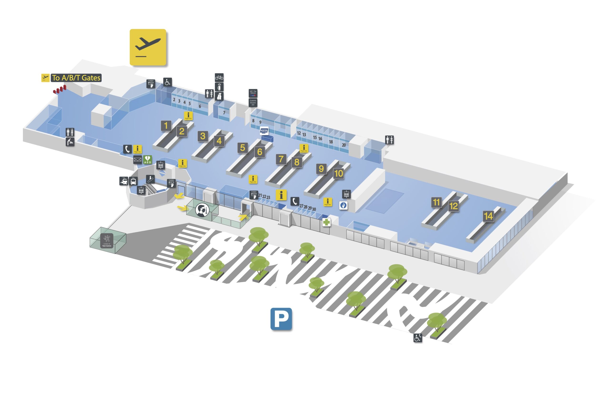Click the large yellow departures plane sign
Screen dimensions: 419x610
pos(148,47)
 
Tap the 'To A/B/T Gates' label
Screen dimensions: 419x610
pos(76,78)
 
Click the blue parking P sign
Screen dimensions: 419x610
pos(281,319)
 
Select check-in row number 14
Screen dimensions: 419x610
pos(488,216)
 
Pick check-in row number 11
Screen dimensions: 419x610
pos(436,202)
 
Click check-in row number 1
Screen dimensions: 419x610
pos(166,126)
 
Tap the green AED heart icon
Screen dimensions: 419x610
pos(147,160)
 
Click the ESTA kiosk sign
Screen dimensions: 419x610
pos(264,130)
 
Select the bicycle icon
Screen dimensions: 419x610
pos(219,78)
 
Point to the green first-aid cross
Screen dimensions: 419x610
pos(326,222)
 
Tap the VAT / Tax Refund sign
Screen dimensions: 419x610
pos(253,93)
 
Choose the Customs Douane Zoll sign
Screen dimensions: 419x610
pos(253,103)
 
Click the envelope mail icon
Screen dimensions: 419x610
pos(137,160)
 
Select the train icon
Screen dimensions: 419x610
pos(124,181)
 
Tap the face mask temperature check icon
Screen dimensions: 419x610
pos(202,210)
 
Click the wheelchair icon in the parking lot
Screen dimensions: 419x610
pos(418,338)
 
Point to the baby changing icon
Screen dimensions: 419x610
pos(70,142)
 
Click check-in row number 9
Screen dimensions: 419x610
pos(321,169)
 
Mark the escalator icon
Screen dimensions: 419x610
pos(150,179)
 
